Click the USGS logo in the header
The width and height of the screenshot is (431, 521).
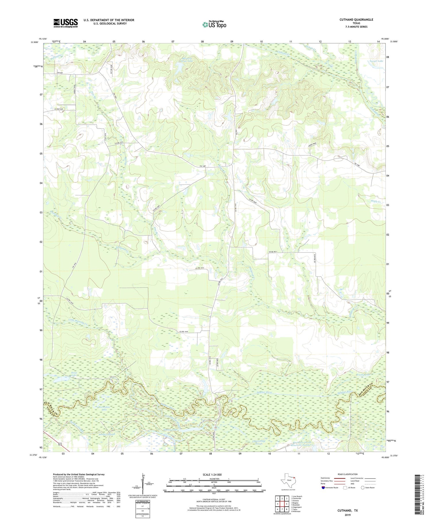click(x=66, y=23)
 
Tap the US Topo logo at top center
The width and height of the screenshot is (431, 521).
click(x=214, y=24)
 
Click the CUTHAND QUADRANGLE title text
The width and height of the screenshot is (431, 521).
click(x=356, y=20)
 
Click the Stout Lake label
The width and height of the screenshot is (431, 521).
click(x=74, y=374)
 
